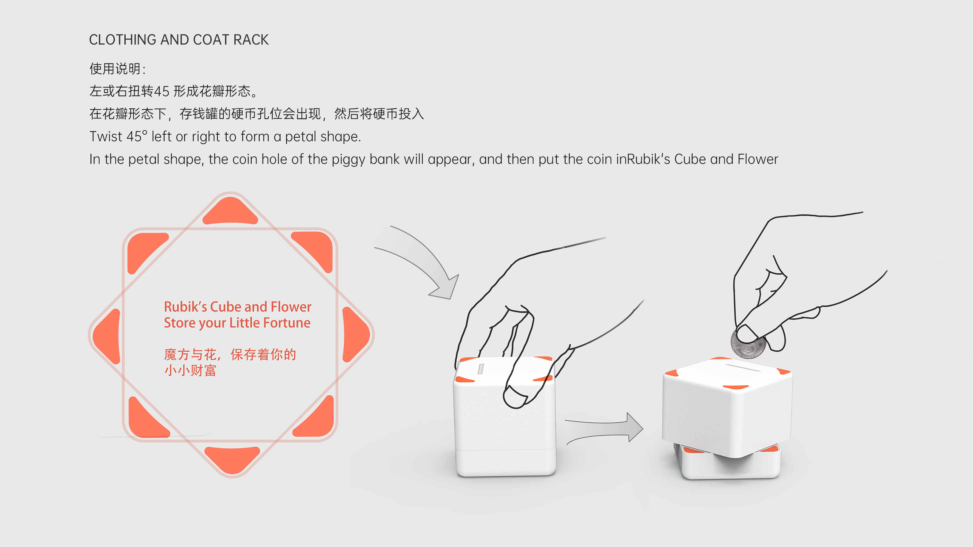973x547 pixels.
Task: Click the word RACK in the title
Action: point(251,40)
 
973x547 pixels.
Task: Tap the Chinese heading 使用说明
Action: point(115,69)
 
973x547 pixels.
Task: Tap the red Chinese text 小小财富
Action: point(190,370)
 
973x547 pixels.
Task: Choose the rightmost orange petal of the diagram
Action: point(355,334)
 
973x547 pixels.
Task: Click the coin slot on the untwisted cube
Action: point(481,369)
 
